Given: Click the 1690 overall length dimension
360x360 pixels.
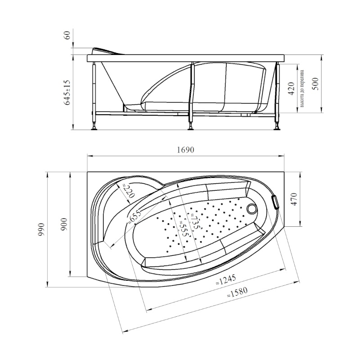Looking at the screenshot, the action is tap(185, 150).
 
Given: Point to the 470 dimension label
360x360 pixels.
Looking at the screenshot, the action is tap(294, 199).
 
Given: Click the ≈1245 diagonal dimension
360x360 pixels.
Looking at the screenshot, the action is tap(226, 279).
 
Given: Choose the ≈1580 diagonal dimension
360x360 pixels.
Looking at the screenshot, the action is tap(237, 292).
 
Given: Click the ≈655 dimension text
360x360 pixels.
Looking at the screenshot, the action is tap(135, 216).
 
